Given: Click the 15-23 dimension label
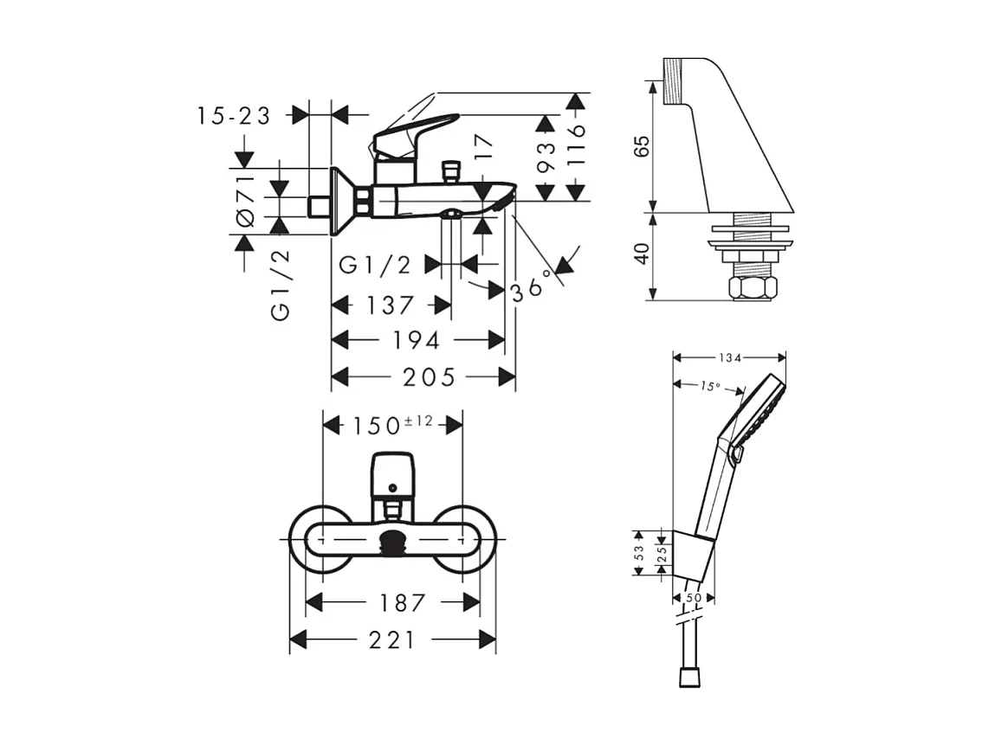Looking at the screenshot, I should coord(234,115).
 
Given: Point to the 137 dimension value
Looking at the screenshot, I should coord(391,305).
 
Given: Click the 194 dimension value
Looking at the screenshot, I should coord(417,340).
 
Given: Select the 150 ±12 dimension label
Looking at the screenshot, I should coord(392,425).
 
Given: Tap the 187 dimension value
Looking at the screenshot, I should coord(392,602).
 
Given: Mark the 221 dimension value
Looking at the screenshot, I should coord(392,640).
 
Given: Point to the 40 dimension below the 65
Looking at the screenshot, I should coord(642,255).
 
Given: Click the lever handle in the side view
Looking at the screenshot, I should coord(416,127).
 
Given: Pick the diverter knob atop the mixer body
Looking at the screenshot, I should coord(449,169).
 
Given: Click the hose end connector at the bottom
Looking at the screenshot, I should coord(689,675).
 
